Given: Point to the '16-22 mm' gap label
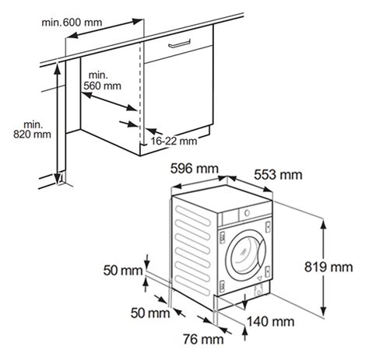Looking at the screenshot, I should [173, 141].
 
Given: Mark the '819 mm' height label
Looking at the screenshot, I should [346, 267].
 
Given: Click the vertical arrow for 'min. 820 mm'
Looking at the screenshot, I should [58, 124].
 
